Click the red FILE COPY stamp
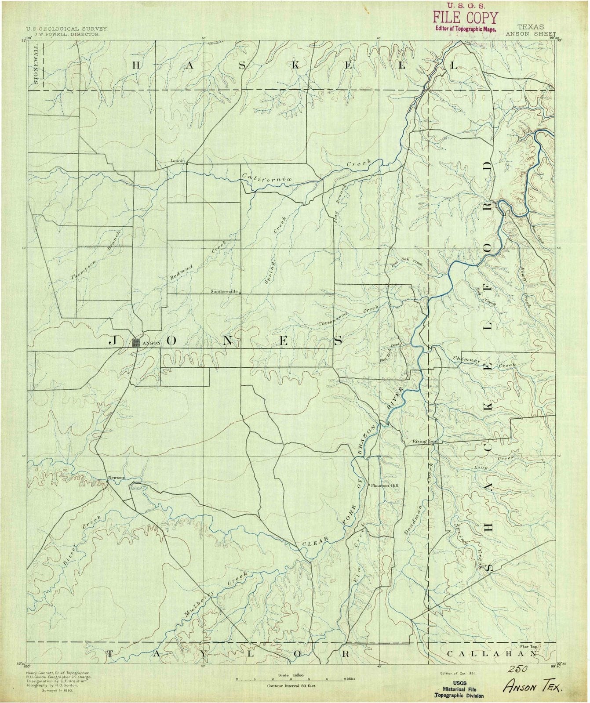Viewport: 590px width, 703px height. tap(465, 18)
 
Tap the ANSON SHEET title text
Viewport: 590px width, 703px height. tap(531, 33)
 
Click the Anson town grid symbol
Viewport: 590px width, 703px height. tap(136, 343)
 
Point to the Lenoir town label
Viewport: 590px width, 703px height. tap(177, 160)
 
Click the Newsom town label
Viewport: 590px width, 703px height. tap(117, 478)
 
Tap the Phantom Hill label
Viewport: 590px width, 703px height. tap(385, 486)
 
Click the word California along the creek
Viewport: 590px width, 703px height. tap(267, 178)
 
